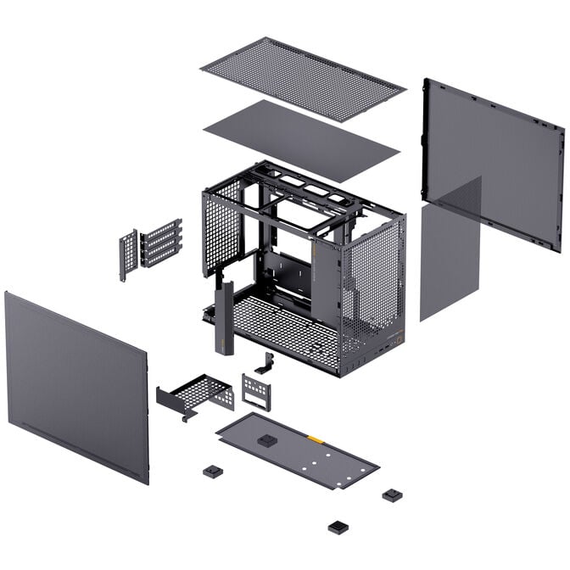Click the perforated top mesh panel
[303, 78]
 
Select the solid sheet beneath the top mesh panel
[302, 139]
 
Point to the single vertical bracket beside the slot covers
[128, 254]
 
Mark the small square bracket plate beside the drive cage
[256, 391]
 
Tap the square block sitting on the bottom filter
[268, 440]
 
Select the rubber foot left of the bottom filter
[212, 472]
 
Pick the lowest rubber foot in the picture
[338, 527]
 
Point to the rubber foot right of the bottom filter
[392, 495]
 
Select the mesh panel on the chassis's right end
[371, 276]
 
